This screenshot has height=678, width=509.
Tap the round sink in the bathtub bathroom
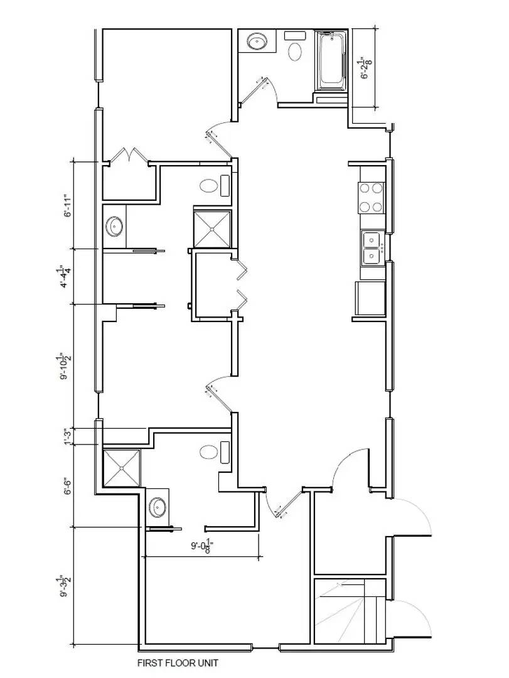pos(257,42)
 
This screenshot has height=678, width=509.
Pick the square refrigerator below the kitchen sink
pos(369,298)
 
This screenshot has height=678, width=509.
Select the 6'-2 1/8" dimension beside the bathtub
pos(365,68)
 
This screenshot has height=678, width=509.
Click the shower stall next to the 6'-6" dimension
pos(121,468)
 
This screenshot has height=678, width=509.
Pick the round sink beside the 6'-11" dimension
pos(115,225)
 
